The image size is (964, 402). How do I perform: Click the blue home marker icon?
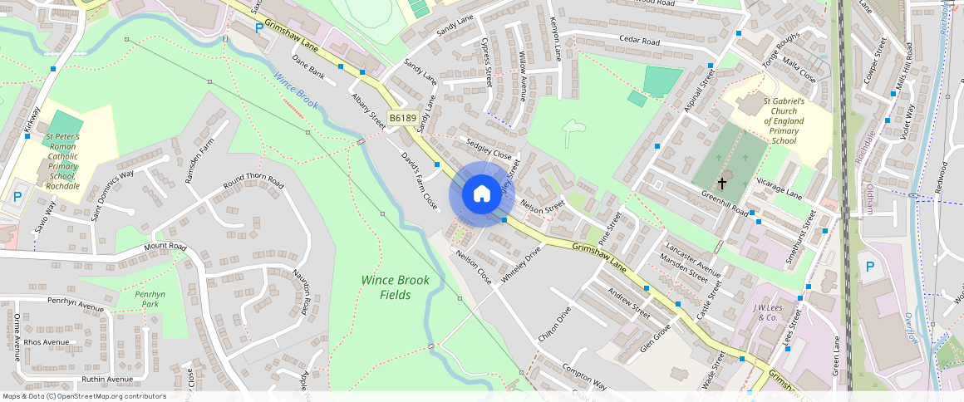(x=481, y=194)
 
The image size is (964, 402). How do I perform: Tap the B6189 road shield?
(x=403, y=118)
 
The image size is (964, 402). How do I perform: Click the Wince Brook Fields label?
(x=396, y=287)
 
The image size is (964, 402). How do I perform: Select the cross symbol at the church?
(x=721, y=182)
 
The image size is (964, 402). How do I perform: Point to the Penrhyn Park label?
(x=150, y=299)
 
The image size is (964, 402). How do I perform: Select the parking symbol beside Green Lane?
(x=870, y=267)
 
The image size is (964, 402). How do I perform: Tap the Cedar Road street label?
(x=639, y=40)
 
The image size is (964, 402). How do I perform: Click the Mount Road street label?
(x=165, y=247)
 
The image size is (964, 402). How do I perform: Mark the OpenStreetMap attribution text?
(x=83, y=396)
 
